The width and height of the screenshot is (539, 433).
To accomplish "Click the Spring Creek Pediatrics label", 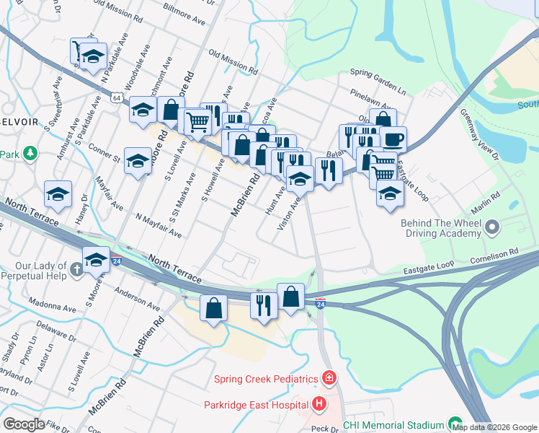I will (x=266, y=379).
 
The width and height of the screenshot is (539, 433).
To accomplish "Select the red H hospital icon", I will (x=320, y=405).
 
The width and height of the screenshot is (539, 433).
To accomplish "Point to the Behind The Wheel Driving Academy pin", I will (x=492, y=228).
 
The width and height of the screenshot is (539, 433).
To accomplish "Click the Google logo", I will (x=24, y=424).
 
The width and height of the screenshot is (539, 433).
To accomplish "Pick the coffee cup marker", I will (x=393, y=139).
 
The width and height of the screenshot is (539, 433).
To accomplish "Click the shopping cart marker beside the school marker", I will (x=383, y=173).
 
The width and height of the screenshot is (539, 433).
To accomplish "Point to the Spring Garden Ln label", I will (x=378, y=74).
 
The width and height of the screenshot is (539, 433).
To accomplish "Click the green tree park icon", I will (x=30, y=154).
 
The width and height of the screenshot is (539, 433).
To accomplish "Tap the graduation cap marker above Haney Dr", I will (x=58, y=193).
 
